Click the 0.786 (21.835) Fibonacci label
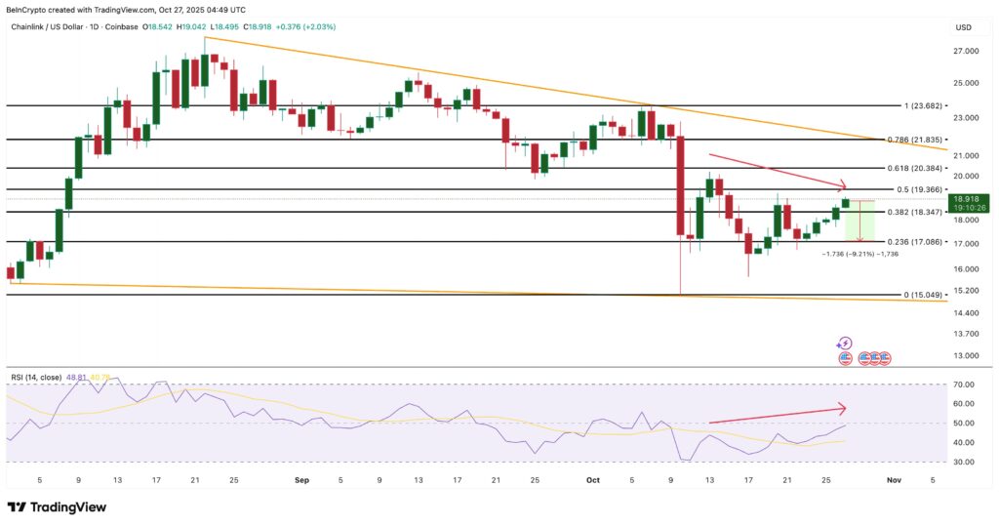[910, 141]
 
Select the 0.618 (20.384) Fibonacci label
[910, 169]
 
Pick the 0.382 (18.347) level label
[910, 212]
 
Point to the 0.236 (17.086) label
[910, 242]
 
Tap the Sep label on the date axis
[299, 480]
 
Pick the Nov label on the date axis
[890, 480]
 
